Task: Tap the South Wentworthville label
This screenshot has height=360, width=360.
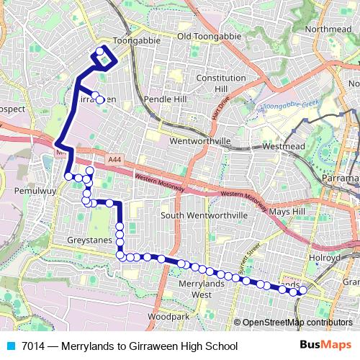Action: [204, 215]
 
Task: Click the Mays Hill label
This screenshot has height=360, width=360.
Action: [288, 212]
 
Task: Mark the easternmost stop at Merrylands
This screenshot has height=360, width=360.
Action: [303, 291]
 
